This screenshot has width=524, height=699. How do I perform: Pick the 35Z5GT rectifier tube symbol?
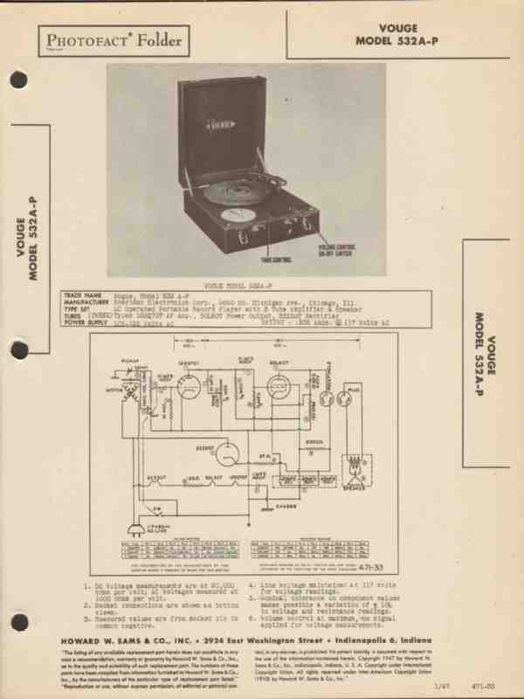[224, 453]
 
